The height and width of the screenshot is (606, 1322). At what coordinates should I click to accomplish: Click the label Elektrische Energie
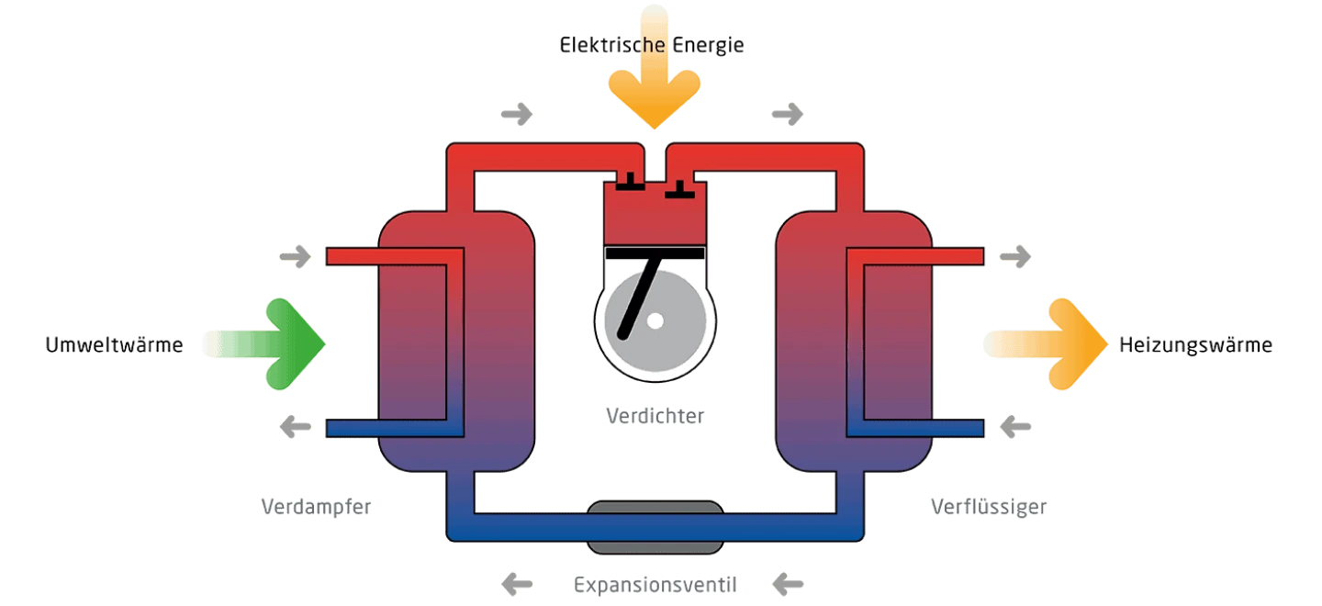(652, 45)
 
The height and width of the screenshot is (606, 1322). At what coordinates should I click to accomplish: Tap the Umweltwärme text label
(114, 345)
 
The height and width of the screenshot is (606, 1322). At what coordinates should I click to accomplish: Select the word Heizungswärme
(1195, 345)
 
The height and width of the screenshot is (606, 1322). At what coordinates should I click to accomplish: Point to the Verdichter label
(655, 416)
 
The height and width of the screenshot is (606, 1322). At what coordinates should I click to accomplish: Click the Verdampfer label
(317, 507)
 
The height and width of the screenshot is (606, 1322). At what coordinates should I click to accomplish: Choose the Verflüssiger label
(989, 507)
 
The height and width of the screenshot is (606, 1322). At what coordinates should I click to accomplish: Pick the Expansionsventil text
(655, 586)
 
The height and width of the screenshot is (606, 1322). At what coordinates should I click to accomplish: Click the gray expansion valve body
(655, 527)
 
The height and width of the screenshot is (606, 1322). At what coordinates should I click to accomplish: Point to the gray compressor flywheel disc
(655, 320)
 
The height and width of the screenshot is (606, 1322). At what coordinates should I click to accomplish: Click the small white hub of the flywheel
(655, 321)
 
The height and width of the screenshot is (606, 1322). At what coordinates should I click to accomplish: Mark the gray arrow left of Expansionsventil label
(517, 585)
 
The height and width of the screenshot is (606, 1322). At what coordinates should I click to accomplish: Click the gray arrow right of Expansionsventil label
(788, 585)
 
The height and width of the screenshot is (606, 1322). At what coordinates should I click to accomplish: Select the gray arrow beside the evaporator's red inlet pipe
(296, 257)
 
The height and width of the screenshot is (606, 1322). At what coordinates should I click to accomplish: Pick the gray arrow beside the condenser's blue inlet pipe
(1015, 427)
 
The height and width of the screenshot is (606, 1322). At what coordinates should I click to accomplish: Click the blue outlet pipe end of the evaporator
(331, 429)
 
